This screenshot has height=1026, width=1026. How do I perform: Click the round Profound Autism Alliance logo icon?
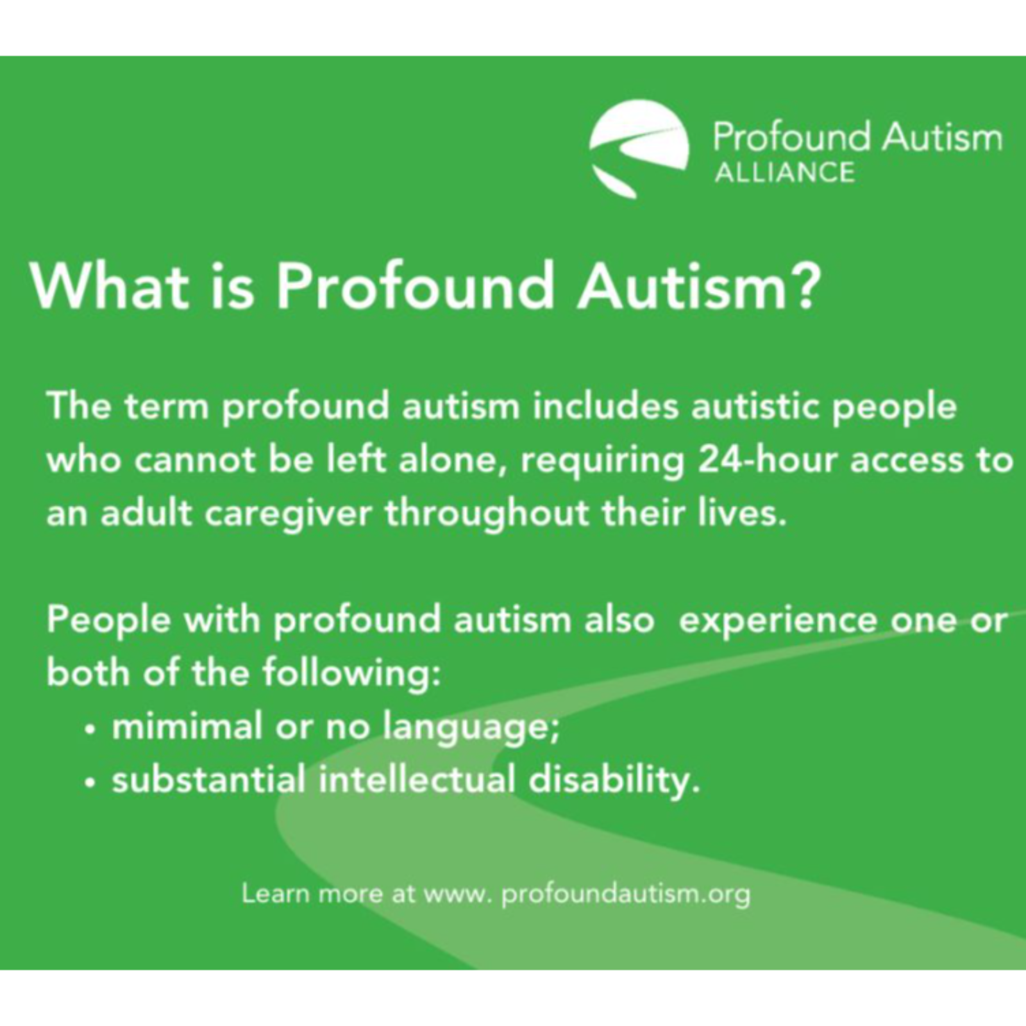[639, 148]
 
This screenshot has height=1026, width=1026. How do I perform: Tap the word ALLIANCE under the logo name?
[784, 172]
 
